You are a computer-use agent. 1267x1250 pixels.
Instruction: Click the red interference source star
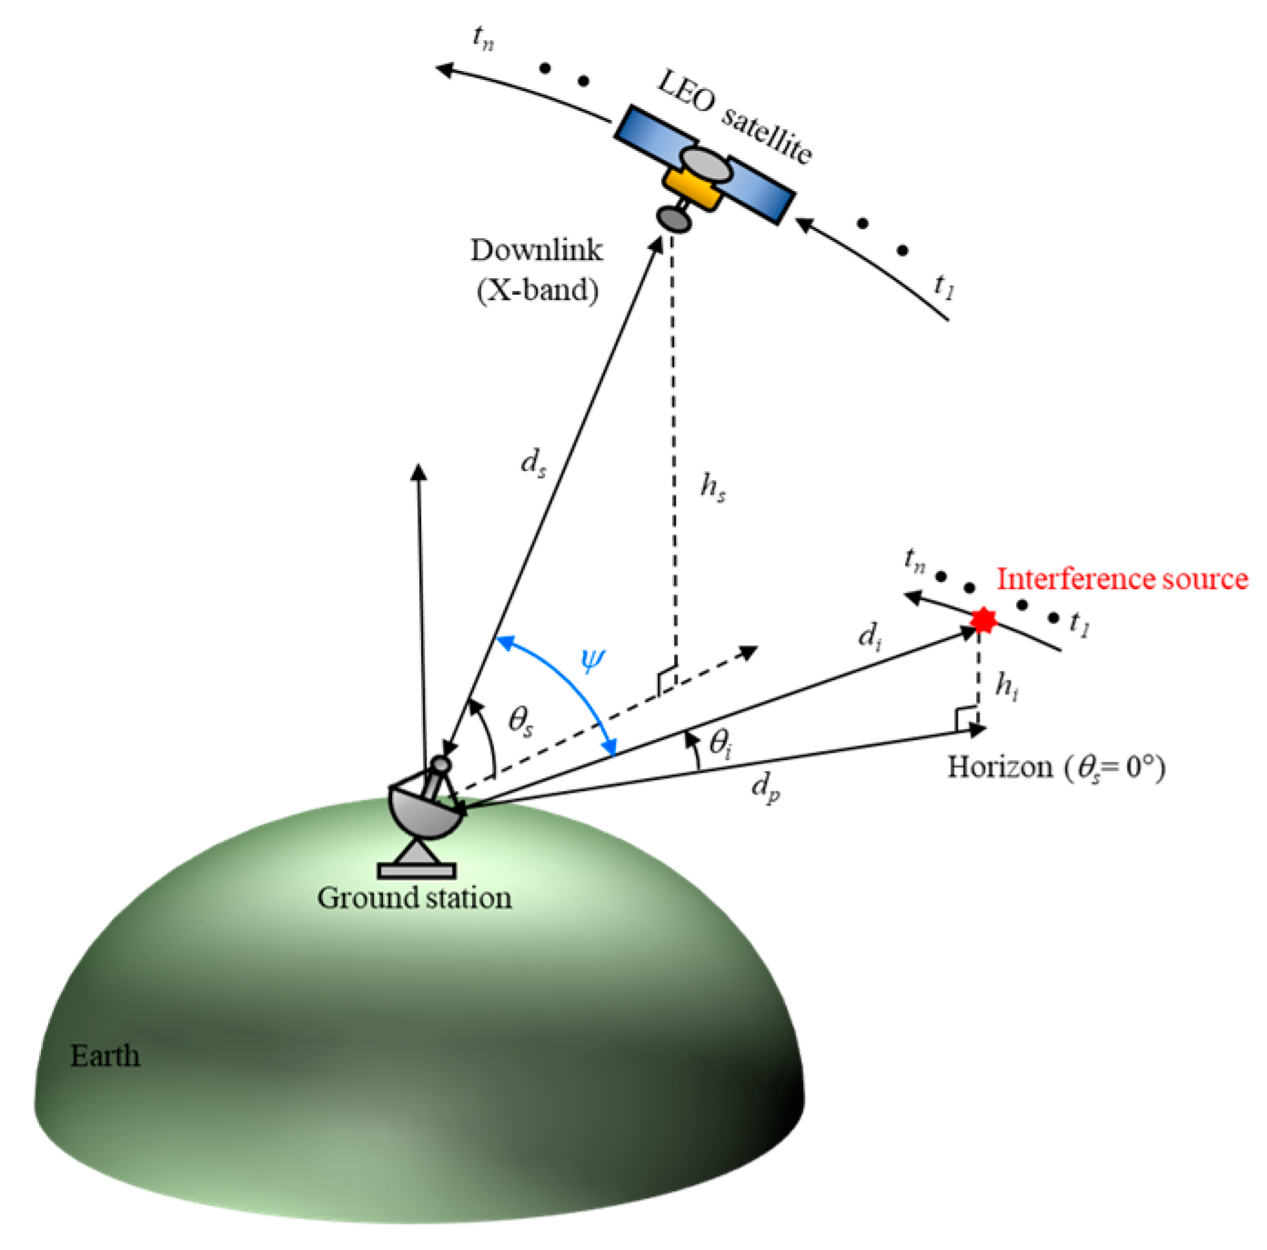(x=982, y=620)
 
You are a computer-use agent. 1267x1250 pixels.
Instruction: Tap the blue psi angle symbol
(x=592, y=658)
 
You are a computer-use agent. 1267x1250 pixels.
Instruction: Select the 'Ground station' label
(x=414, y=898)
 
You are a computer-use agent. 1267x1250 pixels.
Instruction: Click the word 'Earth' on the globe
(x=106, y=1055)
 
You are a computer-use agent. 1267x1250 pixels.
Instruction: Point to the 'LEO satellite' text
(x=734, y=117)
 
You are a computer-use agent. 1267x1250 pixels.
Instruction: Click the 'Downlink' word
(x=536, y=250)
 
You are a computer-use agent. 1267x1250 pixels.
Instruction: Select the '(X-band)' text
(x=538, y=290)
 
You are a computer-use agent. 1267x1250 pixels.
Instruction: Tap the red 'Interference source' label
(x=1121, y=579)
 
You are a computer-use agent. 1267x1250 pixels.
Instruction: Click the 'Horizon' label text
(x=1000, y=767)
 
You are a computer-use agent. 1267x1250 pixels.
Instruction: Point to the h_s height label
(x=712, y=487)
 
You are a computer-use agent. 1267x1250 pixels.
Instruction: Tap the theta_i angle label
(x=720, y=745)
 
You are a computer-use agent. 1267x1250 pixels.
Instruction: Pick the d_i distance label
(x=870, y=635)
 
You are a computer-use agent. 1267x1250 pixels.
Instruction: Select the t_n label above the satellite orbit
(x=483, y=37)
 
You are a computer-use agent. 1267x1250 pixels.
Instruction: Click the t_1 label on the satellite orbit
(x=944, y=287)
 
